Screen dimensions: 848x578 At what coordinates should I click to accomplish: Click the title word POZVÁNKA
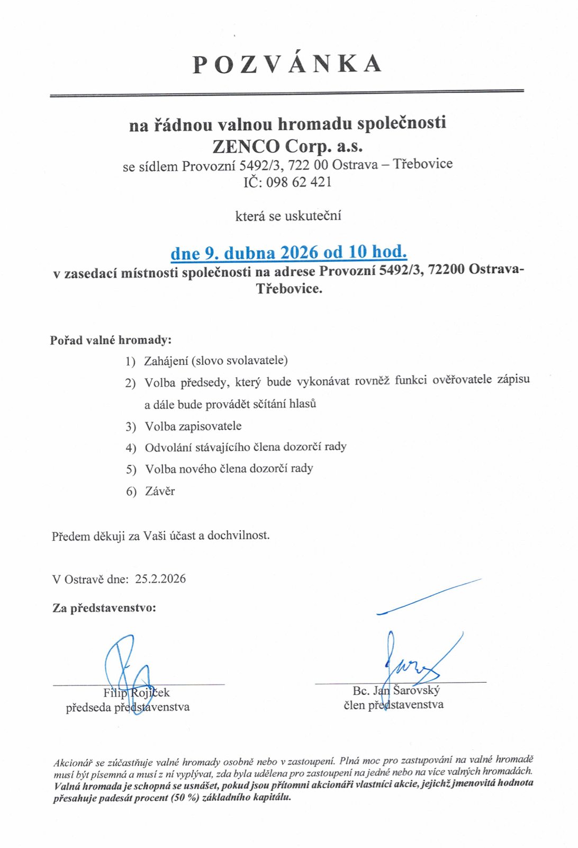(287, 64)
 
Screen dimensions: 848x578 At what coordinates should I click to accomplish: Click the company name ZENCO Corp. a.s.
(287, 145)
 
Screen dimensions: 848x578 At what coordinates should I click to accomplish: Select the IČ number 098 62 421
(299, 182)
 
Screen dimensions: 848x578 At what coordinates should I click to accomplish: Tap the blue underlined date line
(288, 252)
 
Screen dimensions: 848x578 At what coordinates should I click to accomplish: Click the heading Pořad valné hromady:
(111, 340)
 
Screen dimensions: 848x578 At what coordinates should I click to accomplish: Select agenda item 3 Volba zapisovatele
(193, 426)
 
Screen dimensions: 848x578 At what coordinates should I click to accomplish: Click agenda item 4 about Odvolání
(246, 447)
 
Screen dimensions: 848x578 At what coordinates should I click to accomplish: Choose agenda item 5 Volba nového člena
(229, 469)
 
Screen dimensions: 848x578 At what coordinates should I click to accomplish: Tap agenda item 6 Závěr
(160, 492)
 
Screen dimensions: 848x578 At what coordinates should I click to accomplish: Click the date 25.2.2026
(160, 578)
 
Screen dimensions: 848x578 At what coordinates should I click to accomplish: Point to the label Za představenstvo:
(104, 608)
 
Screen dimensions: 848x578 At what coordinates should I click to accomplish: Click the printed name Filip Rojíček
(137, 693)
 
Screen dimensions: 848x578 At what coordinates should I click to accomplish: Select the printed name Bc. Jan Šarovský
(396, 691)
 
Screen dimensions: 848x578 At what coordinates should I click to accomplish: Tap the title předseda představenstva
(128, 707)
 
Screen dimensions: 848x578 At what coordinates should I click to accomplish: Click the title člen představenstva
(393, 705)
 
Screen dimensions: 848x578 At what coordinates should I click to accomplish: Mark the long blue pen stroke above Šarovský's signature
(429, 596)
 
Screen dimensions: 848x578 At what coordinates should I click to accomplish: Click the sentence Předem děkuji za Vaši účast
(160, 535)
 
